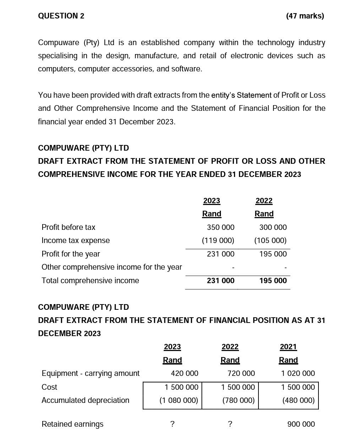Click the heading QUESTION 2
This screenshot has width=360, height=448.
coord(61,16)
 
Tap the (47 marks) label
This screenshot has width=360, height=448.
coord(305,16)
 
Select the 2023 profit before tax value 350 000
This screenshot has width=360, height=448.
coord(220,227)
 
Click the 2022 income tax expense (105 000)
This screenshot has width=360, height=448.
coord(270,241)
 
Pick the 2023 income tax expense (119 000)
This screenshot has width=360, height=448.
coord(218,241)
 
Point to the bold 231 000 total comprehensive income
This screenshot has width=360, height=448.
coord(220,281)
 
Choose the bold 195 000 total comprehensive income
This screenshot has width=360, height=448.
coord(273,281)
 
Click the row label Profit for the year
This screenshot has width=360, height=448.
coord(71,254)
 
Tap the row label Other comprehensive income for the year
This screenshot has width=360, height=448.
coord(111,267)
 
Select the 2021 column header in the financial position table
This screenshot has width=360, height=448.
coord(288,347)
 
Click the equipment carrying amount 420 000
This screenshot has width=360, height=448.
coord(184,373)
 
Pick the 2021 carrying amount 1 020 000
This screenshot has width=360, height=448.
coord(298,373)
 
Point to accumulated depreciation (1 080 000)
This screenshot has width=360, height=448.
coord(179,400)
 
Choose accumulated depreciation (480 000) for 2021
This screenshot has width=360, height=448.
coord(298,400)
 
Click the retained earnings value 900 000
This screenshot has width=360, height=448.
coord(301,424)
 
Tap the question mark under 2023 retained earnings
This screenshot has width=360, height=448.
coord(172,424)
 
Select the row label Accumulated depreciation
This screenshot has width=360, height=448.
coord(85,400)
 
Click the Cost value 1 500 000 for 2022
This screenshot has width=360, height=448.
coord(238,387)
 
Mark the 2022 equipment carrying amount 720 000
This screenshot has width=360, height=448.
coord(241,373)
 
